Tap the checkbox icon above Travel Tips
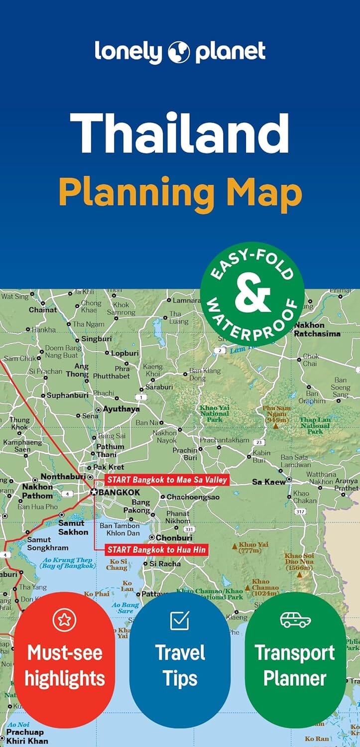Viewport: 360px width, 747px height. point(179,620)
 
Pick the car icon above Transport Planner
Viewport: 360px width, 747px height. point(295,620)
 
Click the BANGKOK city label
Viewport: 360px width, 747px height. point(119,492)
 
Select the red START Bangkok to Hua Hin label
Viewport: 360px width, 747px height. point(156,550)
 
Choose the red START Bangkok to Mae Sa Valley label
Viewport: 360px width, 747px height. point(166,480)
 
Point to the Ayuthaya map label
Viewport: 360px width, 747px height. point(121,409)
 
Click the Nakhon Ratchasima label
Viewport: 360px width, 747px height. point(317,329)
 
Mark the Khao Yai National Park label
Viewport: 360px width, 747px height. point(215,413)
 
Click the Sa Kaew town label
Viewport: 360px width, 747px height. point(269,482)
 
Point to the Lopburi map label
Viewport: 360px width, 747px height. point(124,353)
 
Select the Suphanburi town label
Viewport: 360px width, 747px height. point(67,395)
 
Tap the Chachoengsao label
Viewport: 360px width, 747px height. point(186,497)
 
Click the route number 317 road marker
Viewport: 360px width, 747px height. point(300,511)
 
